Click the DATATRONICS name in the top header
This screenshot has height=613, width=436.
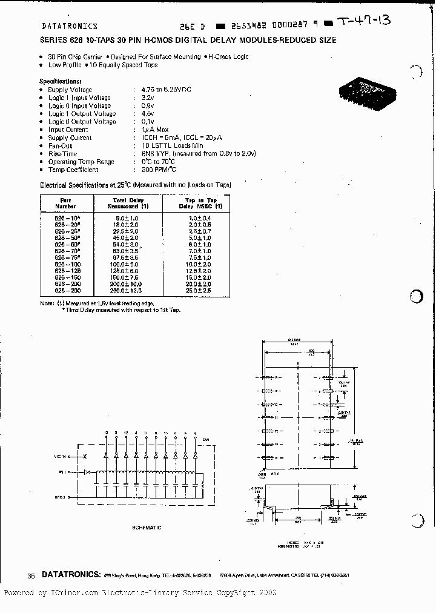(x=70, y=27)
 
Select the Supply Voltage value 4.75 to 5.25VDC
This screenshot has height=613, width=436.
(x=162, y=90)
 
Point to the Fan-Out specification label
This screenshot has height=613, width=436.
(x=60, y=146)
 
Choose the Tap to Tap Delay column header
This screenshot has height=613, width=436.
(x=200, y=202)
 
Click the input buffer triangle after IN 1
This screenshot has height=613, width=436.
(x=87, y=471)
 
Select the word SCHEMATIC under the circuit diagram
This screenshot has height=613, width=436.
(x=147, y=527)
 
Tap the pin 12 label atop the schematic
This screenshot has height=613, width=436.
(x=125, y=432)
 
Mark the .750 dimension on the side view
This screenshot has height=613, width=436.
(x=297, y=518)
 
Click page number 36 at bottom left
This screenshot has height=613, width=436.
(x=31, y=575)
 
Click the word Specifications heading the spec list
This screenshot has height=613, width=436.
(x=60, y=81)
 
